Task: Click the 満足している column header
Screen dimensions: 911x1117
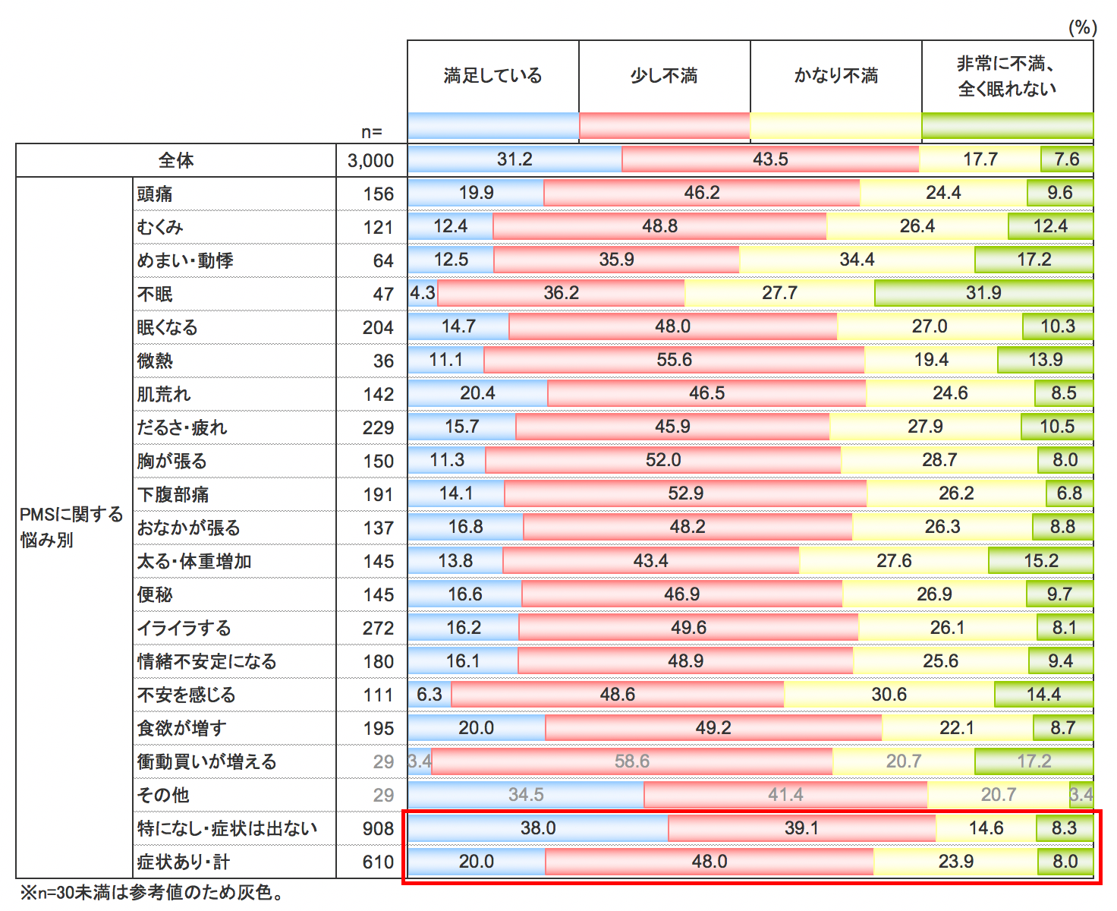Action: click(x=493, y=76)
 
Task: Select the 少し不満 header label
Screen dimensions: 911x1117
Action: click(x=664, y=76)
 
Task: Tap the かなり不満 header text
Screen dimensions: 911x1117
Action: click(x=836, y=76)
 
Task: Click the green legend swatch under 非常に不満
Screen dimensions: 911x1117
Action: click(x=1008, y=126)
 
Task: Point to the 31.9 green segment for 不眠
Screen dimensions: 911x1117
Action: click(x=983, y=293)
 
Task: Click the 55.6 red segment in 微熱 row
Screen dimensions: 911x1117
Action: click(x=674, y=360)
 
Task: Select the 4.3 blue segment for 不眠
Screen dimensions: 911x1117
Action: click(x=423, y=293)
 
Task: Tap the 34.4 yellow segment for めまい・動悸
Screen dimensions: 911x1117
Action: click(x=857, y=260)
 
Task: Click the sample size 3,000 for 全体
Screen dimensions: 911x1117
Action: click(x=370, y=161)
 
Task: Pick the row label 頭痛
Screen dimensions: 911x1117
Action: click(x=155, y=194)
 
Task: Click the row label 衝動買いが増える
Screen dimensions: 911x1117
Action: click(x=206, y=762)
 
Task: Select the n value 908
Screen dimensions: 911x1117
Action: click(x=378, y=829)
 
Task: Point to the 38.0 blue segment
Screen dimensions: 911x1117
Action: click(x=538, y=828)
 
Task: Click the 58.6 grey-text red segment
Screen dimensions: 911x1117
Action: click(x=632, y=761)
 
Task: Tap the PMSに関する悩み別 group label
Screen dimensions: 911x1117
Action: click(x=71, y=527)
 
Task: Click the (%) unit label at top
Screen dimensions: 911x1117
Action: click(x=1082, y=28)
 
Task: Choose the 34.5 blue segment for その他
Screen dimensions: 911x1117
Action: click(x=526, y=795)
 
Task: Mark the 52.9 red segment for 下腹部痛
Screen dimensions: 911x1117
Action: click(x=685, y=493)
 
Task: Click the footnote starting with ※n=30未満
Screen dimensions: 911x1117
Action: click(x=152, y=893)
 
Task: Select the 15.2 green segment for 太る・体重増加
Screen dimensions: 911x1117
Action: click(x=1040, y=561)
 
